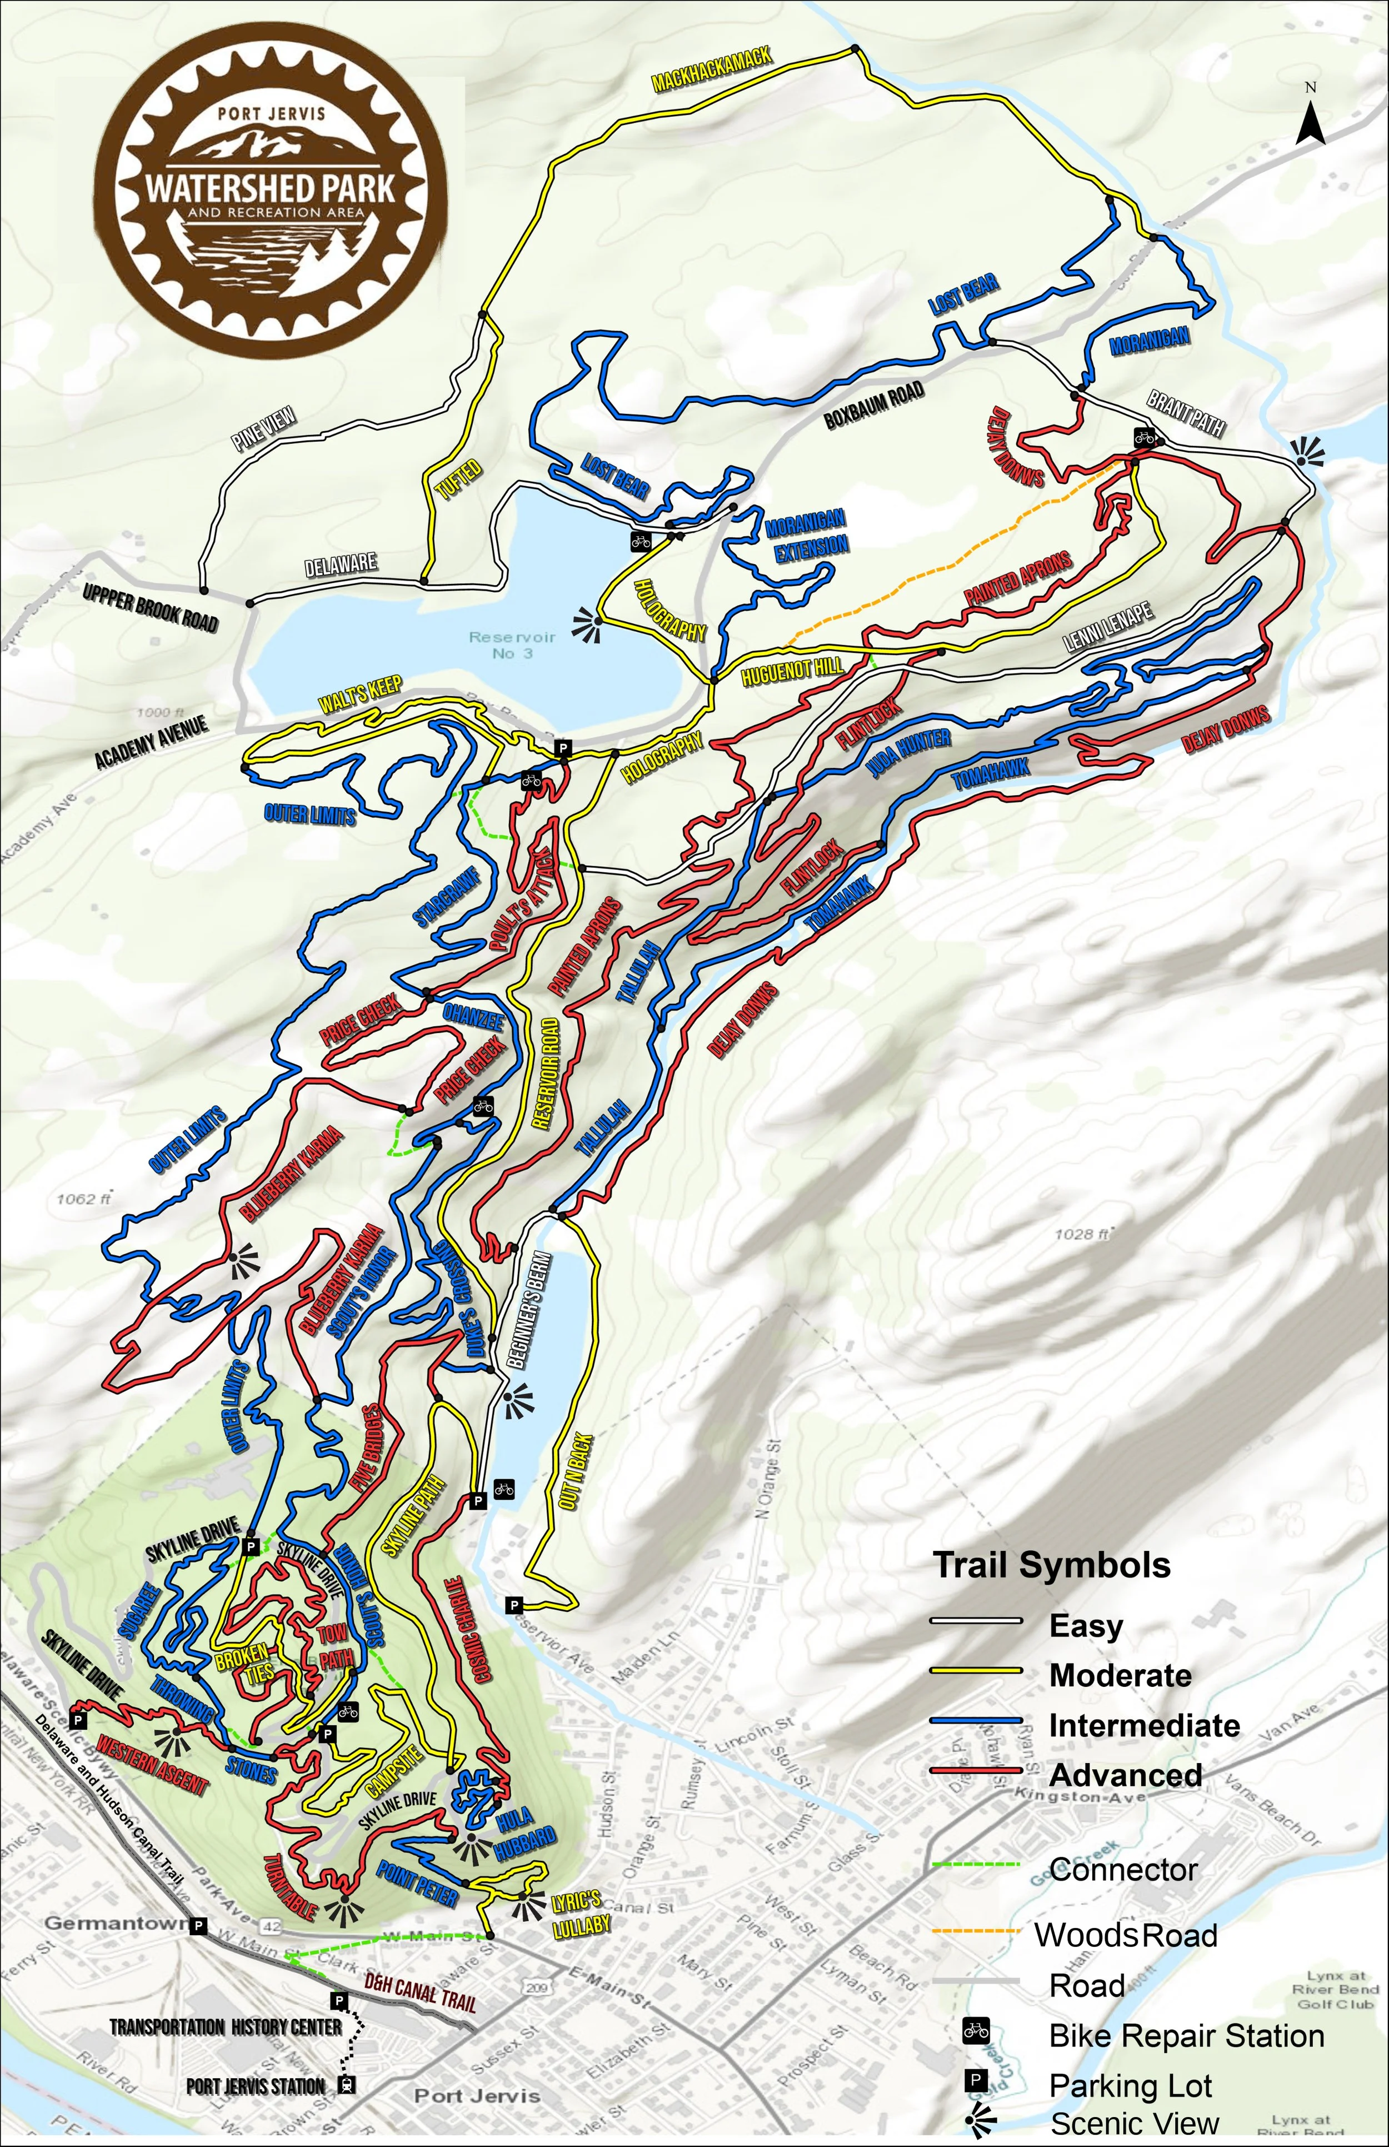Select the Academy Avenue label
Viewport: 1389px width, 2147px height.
click(152, 742)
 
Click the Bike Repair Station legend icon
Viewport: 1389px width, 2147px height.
click(976, 2031)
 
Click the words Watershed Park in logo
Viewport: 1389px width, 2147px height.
click(271, 188)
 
